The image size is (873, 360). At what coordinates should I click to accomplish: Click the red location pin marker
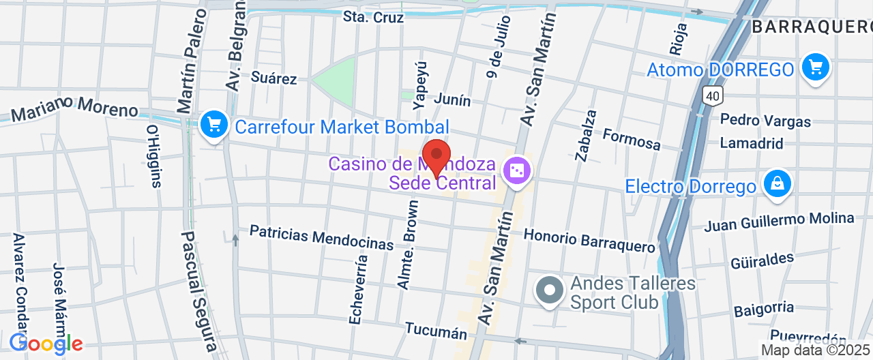pos(436,156)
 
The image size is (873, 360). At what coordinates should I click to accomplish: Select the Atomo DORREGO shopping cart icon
pos(815,67)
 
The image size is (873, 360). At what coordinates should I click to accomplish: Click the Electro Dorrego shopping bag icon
pos(777,183)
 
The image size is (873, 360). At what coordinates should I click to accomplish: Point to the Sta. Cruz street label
pos(373,17)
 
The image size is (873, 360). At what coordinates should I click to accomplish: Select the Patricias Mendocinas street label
pos(321,237)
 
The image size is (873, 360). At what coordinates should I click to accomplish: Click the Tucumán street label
pos(436,331)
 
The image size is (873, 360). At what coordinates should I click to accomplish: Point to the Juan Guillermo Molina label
pos(779,222)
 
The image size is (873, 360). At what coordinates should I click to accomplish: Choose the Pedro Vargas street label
pos(766,121)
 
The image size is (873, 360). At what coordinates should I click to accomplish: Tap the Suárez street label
pos(274,78)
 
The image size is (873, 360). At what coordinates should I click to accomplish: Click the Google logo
pos(46,343)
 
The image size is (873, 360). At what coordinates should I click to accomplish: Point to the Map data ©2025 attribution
pos(816,350)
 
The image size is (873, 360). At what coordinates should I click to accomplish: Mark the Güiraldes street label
pos(763,261)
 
